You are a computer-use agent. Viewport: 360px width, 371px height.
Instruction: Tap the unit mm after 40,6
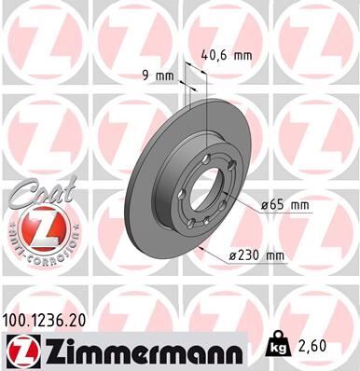(x=242, y=55)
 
